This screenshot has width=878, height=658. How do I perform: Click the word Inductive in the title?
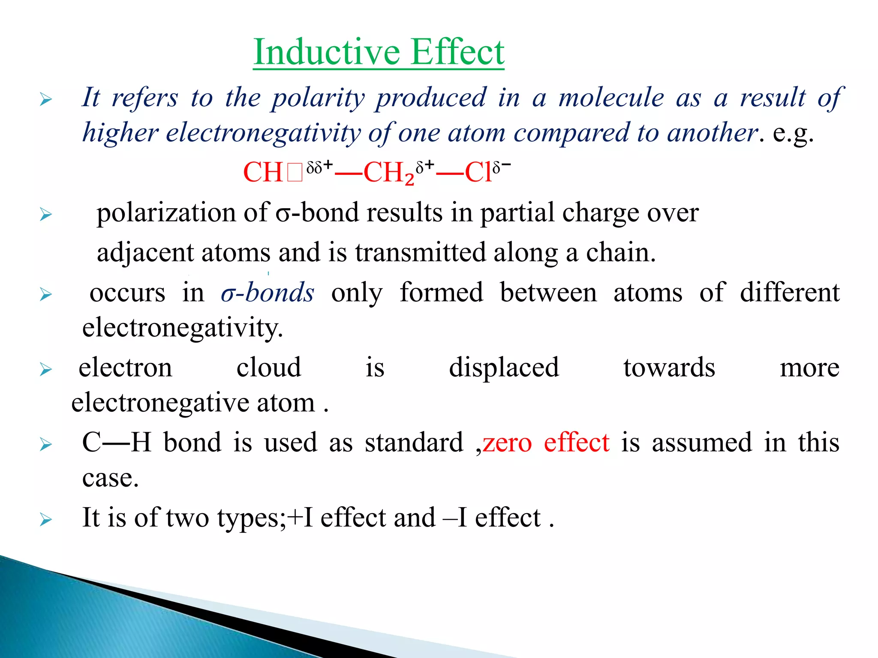326,52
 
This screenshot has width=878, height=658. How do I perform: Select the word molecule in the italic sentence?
611,98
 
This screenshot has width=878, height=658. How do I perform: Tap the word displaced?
504,368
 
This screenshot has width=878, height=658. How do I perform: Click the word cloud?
269,368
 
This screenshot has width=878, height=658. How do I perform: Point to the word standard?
414,443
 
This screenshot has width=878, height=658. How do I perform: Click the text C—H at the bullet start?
117,443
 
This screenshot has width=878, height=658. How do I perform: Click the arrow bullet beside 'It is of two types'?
45,520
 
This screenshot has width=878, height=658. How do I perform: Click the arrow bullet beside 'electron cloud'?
45,369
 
